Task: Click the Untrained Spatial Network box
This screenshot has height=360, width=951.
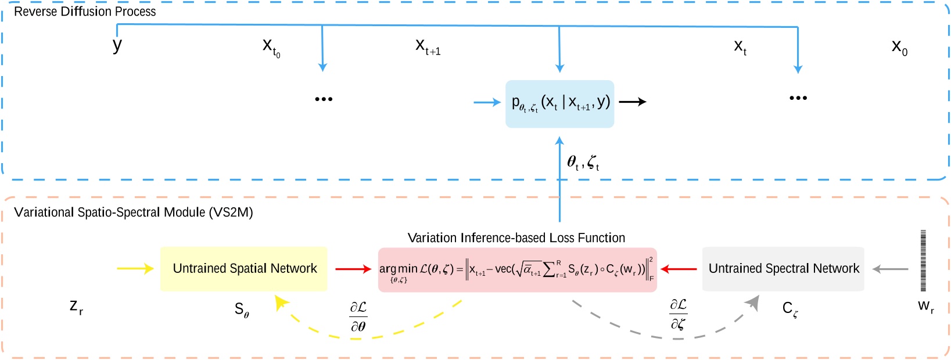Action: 244,269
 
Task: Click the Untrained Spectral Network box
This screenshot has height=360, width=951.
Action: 783,269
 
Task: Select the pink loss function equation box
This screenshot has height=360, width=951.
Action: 517,269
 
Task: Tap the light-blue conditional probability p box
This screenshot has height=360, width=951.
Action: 559,103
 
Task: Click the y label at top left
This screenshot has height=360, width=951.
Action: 117,45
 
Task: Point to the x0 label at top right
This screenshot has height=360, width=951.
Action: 899,47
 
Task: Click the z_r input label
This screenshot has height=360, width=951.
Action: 76,306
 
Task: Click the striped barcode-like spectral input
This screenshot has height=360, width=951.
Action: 923,261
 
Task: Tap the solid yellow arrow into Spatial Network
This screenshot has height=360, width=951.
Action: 135,268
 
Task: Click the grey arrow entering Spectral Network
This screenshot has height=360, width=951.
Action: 891,269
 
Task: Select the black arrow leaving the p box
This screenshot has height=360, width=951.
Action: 633,102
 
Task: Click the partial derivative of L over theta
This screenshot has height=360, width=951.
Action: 358,316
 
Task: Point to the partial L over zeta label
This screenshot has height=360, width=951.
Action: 678,314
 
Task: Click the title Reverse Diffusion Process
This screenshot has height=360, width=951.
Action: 85,12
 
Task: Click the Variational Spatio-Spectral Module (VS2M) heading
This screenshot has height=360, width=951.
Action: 134,213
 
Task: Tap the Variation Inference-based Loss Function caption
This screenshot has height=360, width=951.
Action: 516,238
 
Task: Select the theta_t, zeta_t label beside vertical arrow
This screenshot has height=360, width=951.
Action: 583,163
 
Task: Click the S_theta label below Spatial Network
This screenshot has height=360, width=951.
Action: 242,310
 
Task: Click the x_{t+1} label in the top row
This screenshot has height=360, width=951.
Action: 428,46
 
